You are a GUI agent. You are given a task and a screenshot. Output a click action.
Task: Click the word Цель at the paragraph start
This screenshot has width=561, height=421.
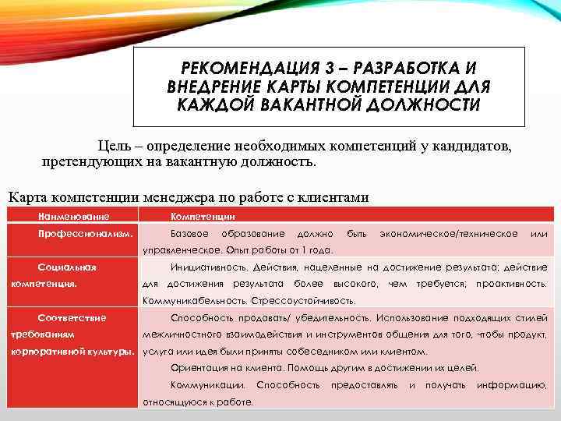tap(114, 146)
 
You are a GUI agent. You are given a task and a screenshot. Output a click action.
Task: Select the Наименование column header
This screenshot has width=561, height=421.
tap(74, 216)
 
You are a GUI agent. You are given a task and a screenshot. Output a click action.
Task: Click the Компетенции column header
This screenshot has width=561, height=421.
tap(203, 216)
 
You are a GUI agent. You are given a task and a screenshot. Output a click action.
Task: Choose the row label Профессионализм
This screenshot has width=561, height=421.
tap(85, 234)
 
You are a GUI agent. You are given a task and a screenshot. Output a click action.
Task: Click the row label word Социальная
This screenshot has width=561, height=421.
tap(67, 267)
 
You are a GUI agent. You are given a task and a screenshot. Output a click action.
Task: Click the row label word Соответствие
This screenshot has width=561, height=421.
tap(72, 318)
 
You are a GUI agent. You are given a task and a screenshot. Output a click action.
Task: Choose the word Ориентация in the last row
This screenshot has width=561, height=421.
tap(198, 368)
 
